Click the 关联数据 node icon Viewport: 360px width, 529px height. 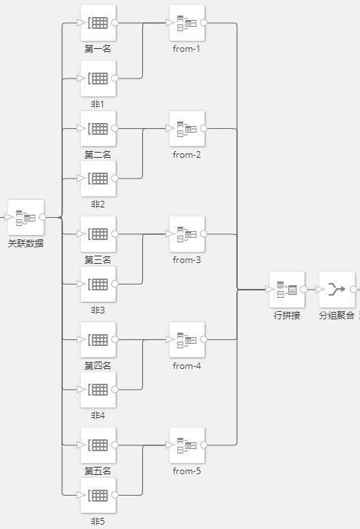tap(26, 218)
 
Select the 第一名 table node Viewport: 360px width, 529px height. tap(99, 23)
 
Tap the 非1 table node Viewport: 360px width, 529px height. tap(99, 79)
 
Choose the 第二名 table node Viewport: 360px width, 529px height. tap(99, 128)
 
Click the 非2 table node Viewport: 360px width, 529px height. tap(99, 179)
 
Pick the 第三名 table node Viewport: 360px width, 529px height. tap(99, 234)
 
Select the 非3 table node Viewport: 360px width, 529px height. tap(99, 284)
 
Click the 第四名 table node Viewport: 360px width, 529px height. tap(99, 340)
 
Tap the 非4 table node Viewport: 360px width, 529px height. tap(99, 390)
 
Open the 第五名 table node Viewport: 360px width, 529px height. tap(99, 445)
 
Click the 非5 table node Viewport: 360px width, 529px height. tap(99, 495)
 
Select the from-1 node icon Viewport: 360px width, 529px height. tap(187, 23)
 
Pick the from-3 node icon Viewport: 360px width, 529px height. tap(187, 234)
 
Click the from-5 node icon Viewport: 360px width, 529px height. tap(187, 445)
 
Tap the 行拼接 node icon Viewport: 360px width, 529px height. tap(287, 290)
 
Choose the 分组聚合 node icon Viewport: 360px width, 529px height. tap(337, 290)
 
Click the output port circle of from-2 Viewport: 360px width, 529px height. tap(204, 128)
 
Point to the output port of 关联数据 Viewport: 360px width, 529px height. tap(42, 217)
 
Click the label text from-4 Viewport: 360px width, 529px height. tap(187, 366)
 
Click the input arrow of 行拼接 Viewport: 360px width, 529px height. tap(270, 290)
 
